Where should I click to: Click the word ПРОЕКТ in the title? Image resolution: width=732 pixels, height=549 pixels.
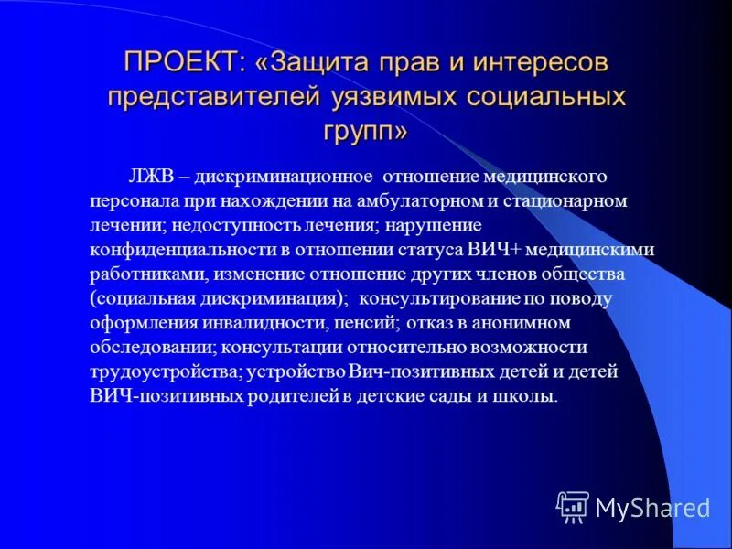coord(180,63)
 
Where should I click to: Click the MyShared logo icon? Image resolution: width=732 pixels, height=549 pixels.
coord(573,506)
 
